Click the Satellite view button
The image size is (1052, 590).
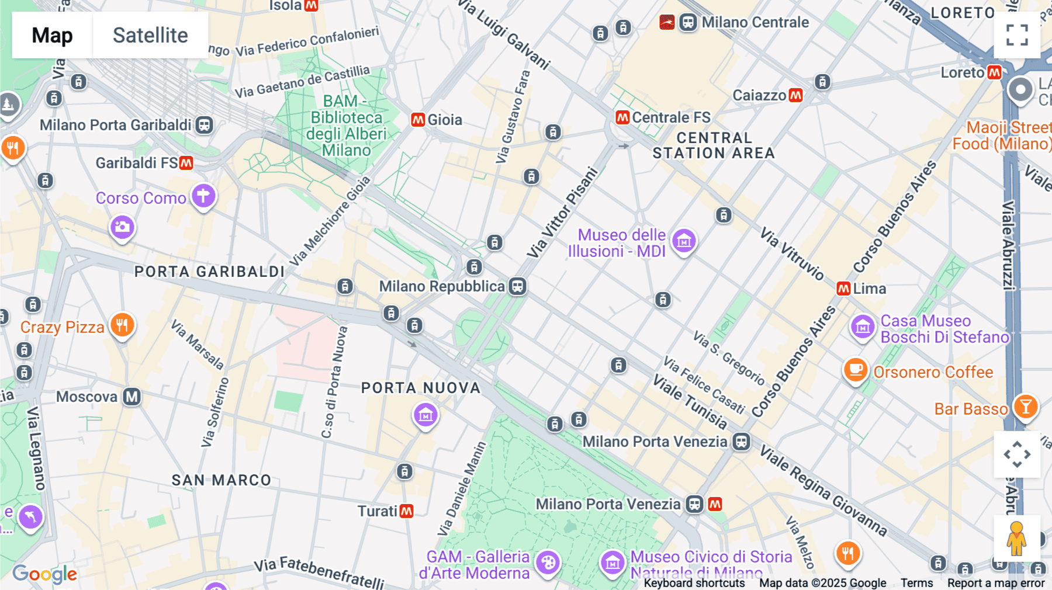point(150,35)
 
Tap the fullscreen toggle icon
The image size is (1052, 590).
point(1017,35)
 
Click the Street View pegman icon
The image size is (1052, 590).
point(1016,538)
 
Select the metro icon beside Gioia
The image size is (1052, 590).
point(418,120)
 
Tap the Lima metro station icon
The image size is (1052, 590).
point(843,289)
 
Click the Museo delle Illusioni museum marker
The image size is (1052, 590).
point(684,241)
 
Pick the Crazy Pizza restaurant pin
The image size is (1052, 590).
point(122,325)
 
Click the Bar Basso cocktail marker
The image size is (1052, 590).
point(1026,407)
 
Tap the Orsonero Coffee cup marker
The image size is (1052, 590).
point(856,370)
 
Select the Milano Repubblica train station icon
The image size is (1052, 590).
point(517,286)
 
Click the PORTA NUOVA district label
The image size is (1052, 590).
point(420,388)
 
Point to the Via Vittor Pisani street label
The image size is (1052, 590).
point(562,213)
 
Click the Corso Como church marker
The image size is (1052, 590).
point(203,196)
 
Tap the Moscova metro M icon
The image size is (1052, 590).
point(132,397)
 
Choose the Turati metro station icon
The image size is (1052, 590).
point(406,511)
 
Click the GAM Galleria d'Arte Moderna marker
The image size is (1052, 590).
point(548,563)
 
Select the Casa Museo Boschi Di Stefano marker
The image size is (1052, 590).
point(863,327)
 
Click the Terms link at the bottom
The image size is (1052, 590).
point(916,582)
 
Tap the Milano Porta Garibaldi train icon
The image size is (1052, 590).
point(204,125)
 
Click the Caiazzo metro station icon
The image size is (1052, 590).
point(795,95)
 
